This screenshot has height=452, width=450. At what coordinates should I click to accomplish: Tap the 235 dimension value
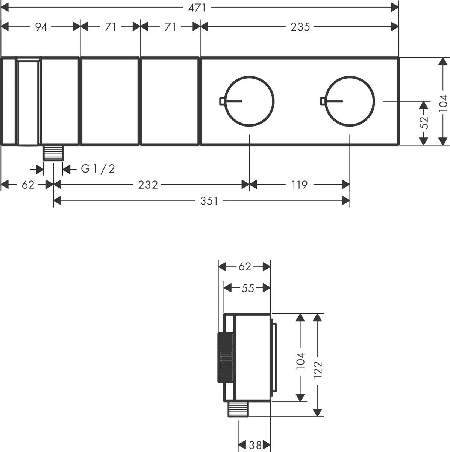coord(300,27)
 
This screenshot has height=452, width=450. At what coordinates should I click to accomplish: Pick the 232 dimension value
coord(148,185)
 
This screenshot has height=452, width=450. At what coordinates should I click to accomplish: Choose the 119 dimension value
coord(299,185)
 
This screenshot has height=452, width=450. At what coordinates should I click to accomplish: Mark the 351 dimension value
coord(209,201)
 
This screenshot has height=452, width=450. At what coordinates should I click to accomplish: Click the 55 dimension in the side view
coord(247,288)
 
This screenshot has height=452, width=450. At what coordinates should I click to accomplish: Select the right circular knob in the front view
coord(350,101)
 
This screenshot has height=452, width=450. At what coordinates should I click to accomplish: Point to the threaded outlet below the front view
coord(53,153)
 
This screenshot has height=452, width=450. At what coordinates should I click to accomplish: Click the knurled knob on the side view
coord(225,358)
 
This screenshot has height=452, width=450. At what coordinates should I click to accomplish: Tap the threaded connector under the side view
coord(238,409)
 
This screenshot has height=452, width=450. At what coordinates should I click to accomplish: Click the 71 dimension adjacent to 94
coord(110,27)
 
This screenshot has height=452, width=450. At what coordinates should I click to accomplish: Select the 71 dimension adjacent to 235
coord(170,27)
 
